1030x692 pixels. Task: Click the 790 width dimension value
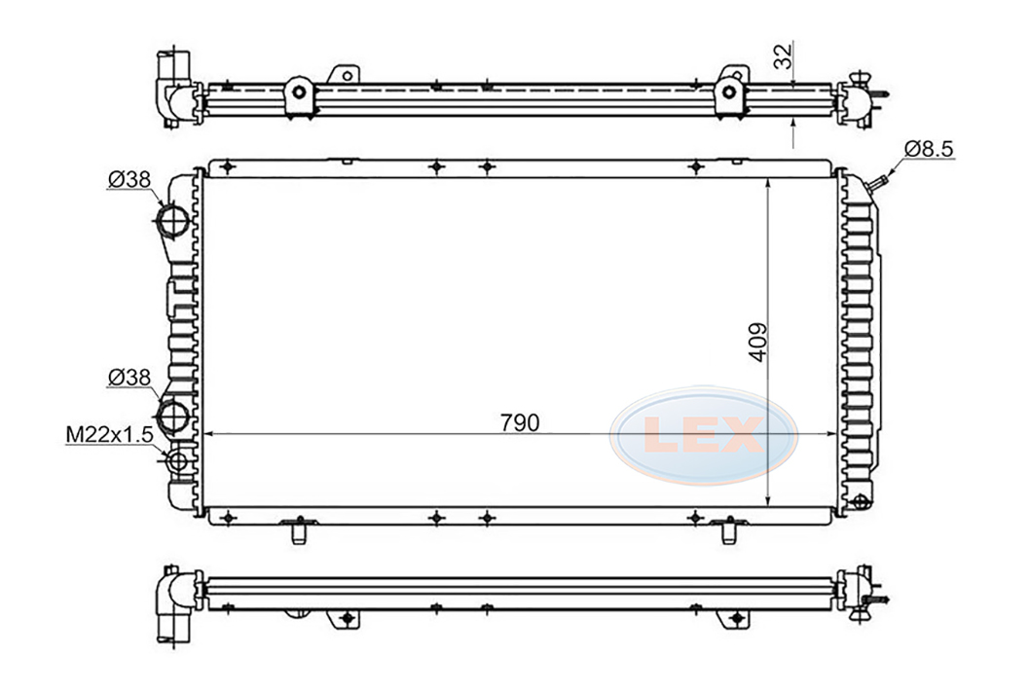coord(520,422)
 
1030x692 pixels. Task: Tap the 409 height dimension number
coord(757,342)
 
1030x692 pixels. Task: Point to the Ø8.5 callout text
coord(928,149)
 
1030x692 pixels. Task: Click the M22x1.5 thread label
coord(110,434)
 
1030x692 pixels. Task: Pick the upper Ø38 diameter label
coord(129,179)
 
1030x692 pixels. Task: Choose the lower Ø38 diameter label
coord(129,378)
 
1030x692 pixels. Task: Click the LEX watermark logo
coord(704,435)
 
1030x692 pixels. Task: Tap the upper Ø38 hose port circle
coord(173,221)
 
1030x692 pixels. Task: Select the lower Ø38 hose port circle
coord(173,416)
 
